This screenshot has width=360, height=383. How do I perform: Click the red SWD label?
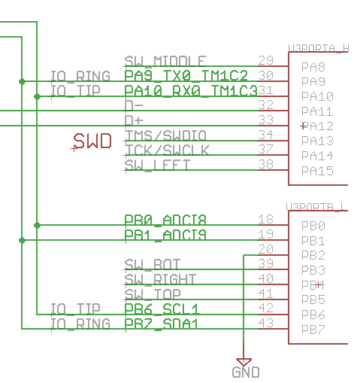92,141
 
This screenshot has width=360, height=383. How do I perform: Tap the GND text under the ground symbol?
245,372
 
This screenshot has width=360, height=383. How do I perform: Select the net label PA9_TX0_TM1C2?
185,76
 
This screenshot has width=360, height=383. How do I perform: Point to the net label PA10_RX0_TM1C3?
190,91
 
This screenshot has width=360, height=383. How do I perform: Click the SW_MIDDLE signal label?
165,61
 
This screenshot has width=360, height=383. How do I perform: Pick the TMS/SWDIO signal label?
165,135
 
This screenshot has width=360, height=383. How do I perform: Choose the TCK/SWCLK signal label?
166,150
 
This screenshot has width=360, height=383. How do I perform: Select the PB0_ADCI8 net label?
165,220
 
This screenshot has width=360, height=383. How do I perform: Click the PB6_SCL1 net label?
161,309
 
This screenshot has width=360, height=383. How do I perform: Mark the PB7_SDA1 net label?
161,324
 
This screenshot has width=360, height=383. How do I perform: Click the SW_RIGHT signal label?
160,279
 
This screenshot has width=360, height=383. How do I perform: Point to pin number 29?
265,60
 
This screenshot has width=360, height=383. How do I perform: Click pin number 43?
265,324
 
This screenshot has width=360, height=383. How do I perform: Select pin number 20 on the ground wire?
265,249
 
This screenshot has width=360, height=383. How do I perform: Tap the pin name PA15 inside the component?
316,171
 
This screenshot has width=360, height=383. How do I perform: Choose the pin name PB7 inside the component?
313,330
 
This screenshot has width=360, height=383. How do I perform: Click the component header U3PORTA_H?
318,47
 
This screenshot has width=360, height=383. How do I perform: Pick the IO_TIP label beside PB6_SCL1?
75,309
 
